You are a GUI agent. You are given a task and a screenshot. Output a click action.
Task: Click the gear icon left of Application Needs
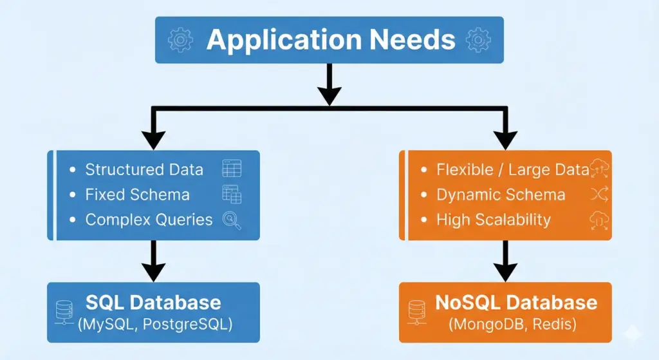181,40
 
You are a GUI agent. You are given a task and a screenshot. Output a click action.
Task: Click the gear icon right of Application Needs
478,40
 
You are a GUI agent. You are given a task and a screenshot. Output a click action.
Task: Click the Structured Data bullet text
144,169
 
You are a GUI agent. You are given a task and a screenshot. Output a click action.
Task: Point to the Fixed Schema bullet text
137,194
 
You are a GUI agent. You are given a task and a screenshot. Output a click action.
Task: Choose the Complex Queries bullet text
149,220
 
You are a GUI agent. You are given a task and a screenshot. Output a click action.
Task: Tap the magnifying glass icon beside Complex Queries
232,220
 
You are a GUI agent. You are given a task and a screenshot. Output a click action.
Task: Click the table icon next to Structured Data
232,169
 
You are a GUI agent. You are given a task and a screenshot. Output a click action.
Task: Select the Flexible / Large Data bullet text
512,169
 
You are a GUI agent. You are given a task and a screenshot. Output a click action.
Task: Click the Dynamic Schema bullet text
501,194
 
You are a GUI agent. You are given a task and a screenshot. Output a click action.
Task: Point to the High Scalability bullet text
494,220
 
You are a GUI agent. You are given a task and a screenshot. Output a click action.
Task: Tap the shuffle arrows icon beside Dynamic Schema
595,194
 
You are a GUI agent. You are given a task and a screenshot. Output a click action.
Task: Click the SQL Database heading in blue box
153,302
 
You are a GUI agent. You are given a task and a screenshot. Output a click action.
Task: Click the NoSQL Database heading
516,302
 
